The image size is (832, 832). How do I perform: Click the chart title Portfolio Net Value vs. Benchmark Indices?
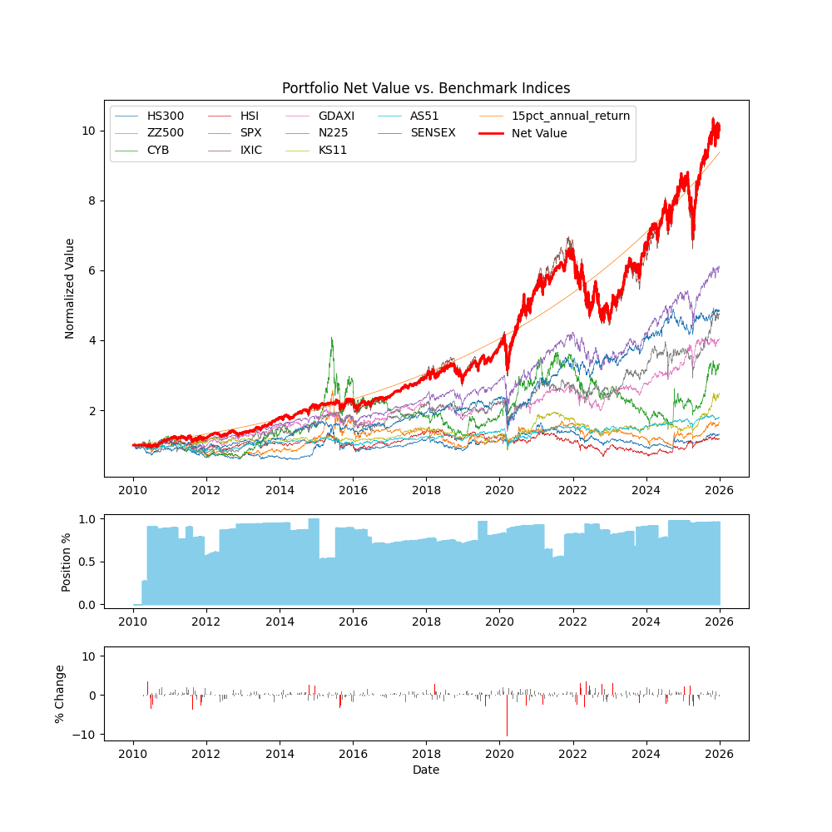[x=426, y=88]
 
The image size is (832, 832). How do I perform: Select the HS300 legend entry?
[x=165, y=116]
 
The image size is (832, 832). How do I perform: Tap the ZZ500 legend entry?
[x=165, y=133]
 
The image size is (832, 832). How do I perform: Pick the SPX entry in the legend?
[x=251, y=133]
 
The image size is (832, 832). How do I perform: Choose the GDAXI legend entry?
[x=336, y=116]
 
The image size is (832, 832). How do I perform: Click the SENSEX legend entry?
[x=433, y=133]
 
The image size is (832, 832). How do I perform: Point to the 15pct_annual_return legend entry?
[x=571, y=116]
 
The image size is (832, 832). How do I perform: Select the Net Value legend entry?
[x=539, y=133]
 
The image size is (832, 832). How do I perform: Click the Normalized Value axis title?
[x=70, y=288]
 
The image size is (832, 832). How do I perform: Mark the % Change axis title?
[x=60, y=693]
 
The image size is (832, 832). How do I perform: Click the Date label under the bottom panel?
[x=426, y=770]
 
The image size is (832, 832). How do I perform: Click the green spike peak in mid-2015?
[x=332, y=338]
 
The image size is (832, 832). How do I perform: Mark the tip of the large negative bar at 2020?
[x=507, y=735]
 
